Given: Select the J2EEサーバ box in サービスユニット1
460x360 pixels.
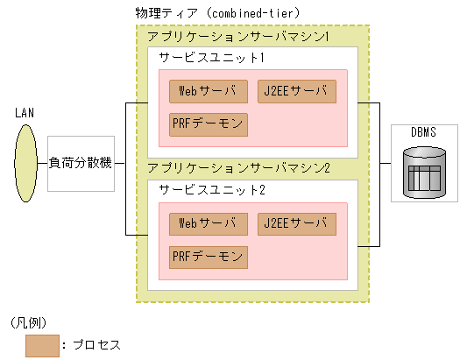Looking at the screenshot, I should pyautogui.click(x=298, y=91).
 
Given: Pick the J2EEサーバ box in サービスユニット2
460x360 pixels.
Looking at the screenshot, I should pyautogui.click(x=298, y=224).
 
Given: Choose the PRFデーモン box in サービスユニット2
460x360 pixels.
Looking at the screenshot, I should pyautogui.click(x=209, y=257).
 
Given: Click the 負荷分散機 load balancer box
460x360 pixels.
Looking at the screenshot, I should pyautogui.click(x=81, y=164).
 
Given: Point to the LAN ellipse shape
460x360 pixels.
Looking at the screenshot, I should pyautogui.click(x=25, y=164).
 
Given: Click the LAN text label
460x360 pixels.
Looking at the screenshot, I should pyautogui.click(x=25, y=113).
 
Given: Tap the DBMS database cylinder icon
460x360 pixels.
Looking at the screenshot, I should pyautogui.click(x=424, y=172).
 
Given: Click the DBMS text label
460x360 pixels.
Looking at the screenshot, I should pyautogui.click(x=424, y=132).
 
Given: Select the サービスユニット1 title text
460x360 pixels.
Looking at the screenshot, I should pyautogui.click(x=211, y=57).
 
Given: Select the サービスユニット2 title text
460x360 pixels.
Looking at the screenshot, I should pyautogui.click(x=211, y=190).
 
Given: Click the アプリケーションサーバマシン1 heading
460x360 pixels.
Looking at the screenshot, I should pyautogui.click(x=238, y=39).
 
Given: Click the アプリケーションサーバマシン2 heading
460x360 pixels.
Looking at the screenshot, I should pyautogui.click(x=238, y=167).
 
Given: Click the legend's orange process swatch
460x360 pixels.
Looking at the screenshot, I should pyautogui.click(x=42, y=344).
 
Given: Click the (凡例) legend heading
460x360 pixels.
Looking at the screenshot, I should pyautogui.click(x=32, y=321).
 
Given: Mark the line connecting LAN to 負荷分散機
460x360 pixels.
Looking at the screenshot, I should pyautogui.click(x=43, y=164).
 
